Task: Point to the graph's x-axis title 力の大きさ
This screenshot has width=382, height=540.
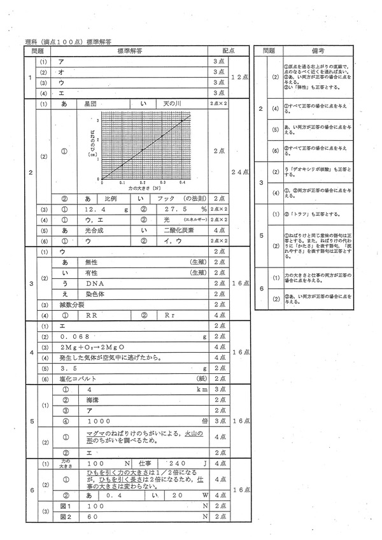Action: (x=138, y=188)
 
